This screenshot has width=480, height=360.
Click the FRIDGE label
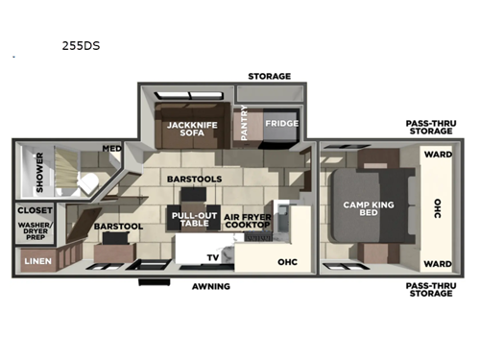(x=280, y=123)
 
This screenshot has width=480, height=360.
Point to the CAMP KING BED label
(x=366, y=207)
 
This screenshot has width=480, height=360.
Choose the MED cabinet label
(x=112, y=149)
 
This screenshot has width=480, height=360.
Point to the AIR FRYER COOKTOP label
(x=247, y=222)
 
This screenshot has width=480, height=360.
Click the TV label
(x=213, y=257)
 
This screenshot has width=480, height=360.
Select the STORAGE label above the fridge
(x=269, y=75)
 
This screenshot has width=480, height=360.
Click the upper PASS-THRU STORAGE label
(x=430, y=127)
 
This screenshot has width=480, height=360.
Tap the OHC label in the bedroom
(x=437, y=207)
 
